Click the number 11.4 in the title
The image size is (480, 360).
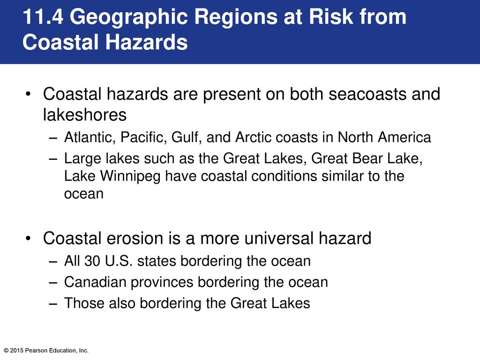[x=43, y=17]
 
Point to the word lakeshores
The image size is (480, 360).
[x=85, y=115]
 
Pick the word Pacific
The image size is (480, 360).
[x=143, y=137]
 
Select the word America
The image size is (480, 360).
[x=404, y=137]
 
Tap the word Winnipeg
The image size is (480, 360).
[x=130, y=177]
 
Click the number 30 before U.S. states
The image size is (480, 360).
[x=92, y=261]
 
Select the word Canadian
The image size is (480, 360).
[x=95, y=282]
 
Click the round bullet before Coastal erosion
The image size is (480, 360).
[x=29, y=239]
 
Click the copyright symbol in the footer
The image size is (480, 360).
[x=6, y=351]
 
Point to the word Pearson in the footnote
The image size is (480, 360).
[x=34, y=351]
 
